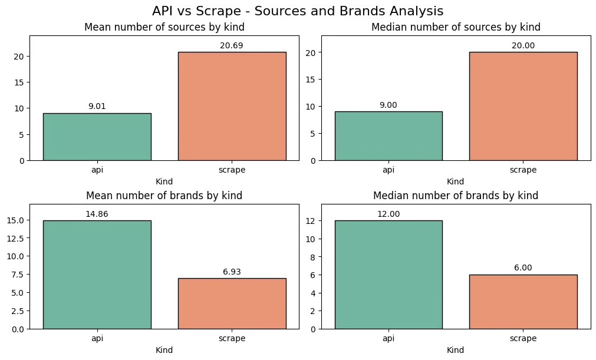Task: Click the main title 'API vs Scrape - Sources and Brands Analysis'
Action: (x=298, y=11)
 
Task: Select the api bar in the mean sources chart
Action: (x=97, y=137)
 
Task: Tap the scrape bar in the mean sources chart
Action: (x=232, y=106)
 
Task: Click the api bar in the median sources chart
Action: (x=388, y=136)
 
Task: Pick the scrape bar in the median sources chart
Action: (x=523, y=106)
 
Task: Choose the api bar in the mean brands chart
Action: (x=97, y=275)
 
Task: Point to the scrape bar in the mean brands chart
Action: (x=232, y=303)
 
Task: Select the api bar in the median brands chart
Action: (x=388, y=275)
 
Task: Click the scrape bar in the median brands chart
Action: (x=523, y=302)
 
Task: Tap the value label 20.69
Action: (x=232, y=45)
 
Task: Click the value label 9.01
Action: (x=97, y=106)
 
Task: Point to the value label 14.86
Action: (x=97, y=214)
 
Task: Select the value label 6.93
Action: (x=232, y=272)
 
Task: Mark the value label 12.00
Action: (x=388, y=214)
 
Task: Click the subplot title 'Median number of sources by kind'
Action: (x=456, y=27)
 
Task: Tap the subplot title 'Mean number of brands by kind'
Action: (x=164, y=196)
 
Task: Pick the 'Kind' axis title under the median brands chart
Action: (x=456, y=350)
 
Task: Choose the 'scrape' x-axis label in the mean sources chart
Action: (x=232, y=170)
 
